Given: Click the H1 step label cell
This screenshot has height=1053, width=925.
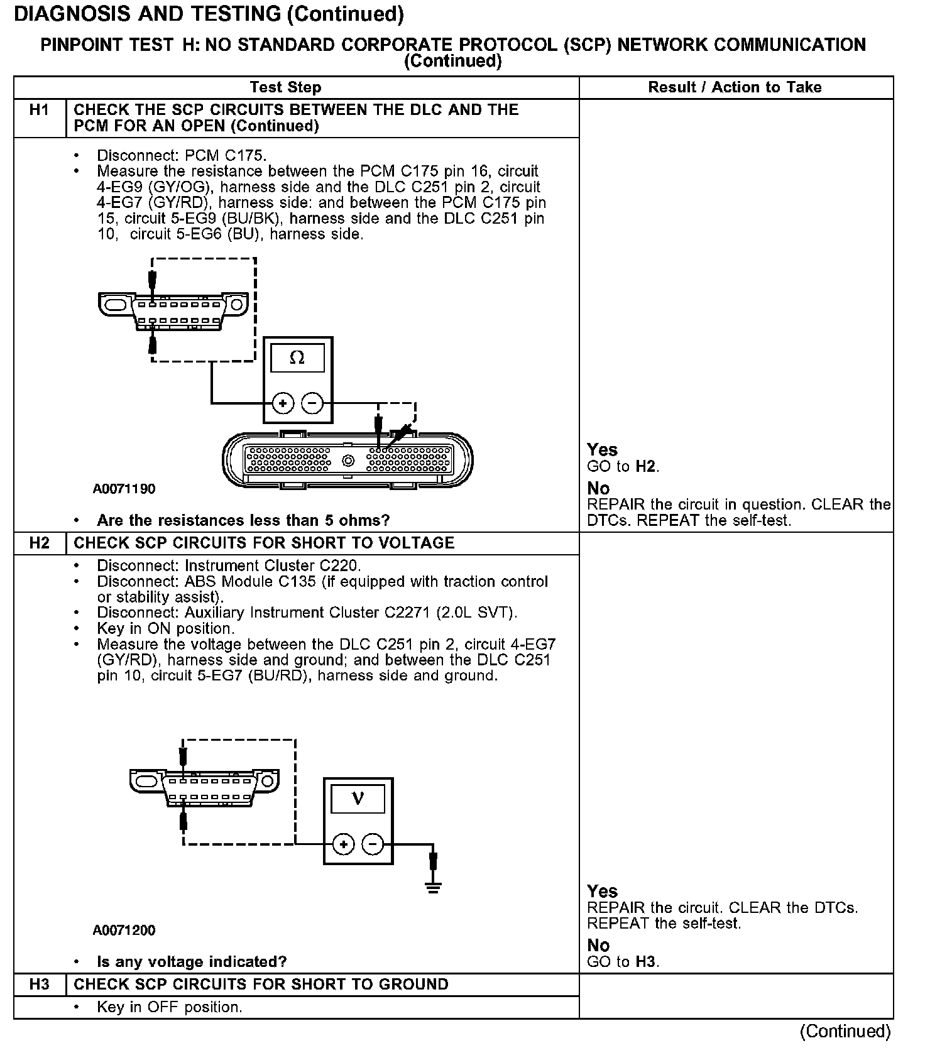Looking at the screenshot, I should tap(39, 111).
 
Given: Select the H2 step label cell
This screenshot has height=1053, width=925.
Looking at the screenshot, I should tap(39, 543).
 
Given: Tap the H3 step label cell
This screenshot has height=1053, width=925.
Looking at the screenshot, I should tap(39, 985).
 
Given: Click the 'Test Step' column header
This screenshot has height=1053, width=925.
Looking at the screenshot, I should tap(285, 87).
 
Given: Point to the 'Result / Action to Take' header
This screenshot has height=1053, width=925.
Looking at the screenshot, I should tap(735, 87).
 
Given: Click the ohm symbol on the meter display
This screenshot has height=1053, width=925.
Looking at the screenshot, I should tap(297, 358).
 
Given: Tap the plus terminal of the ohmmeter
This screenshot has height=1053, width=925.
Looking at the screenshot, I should tap(283, 403).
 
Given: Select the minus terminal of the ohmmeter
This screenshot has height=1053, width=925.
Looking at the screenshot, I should tap(312, 403).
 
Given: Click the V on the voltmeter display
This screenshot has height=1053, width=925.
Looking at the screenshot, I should tap(358, 799).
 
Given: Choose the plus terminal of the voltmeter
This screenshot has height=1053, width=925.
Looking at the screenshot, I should tap(343, 844).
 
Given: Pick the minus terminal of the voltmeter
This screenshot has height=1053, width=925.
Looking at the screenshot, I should tap(373, 844).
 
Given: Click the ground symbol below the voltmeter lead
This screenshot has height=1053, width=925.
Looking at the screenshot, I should tap(432, 887).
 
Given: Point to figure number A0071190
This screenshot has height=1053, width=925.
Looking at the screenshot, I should tap(124, 489).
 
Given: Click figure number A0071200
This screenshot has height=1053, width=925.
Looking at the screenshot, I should tap(124, 930).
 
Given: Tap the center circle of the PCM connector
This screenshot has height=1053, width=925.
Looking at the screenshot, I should tap(348, 461).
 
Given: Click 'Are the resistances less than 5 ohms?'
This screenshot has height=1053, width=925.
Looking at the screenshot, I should tap(243, 520).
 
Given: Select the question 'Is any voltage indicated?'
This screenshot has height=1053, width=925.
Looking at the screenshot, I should tap(192, 962).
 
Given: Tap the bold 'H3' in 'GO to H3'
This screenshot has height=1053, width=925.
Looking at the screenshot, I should tap(647, 961).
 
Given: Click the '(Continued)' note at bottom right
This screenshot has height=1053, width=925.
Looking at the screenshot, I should tap(845, 1032).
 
